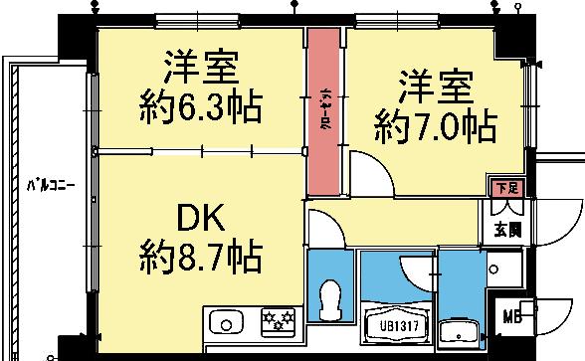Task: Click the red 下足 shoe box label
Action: tap(507, 187)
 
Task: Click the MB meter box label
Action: tap(512, 318)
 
